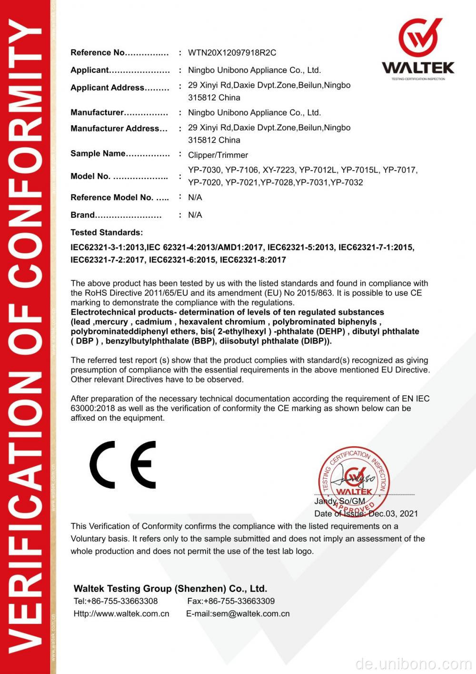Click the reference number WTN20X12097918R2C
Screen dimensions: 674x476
point(232,53)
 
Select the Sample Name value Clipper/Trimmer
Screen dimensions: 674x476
point(218,155)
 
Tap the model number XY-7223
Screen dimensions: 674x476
point(278,170)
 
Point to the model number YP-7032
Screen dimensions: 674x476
point(347,183)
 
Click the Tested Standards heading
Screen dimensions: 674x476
point(107,233)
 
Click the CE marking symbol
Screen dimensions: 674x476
point(123,464)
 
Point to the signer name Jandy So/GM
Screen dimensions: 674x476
point(339,501)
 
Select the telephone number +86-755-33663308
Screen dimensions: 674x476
point(122,601)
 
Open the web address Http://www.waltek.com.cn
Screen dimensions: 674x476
point(121,614)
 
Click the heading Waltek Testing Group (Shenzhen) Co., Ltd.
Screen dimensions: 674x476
point(170,589)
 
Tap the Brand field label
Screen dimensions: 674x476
point(83,215)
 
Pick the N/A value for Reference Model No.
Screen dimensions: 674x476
point(195,197)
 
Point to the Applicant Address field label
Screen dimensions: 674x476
point(108,88)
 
